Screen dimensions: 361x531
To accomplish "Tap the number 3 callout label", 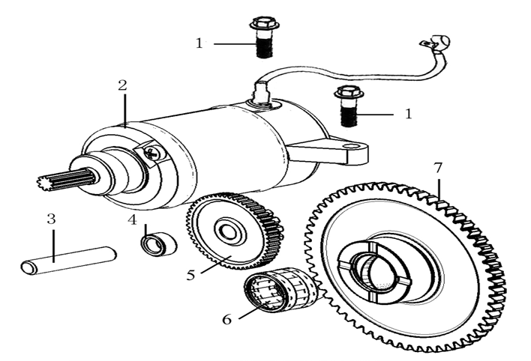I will coord(51,219).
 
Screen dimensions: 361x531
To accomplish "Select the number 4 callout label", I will coord(132,220).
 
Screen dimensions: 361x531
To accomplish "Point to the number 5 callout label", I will coord(191,275).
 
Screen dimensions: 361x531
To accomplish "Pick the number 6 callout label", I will coord(226,318).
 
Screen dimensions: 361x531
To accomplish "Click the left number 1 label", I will coord(199,43).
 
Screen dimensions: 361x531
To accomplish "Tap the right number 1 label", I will coord(408,114).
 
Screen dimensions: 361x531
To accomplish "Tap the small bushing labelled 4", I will coord(160,243).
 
